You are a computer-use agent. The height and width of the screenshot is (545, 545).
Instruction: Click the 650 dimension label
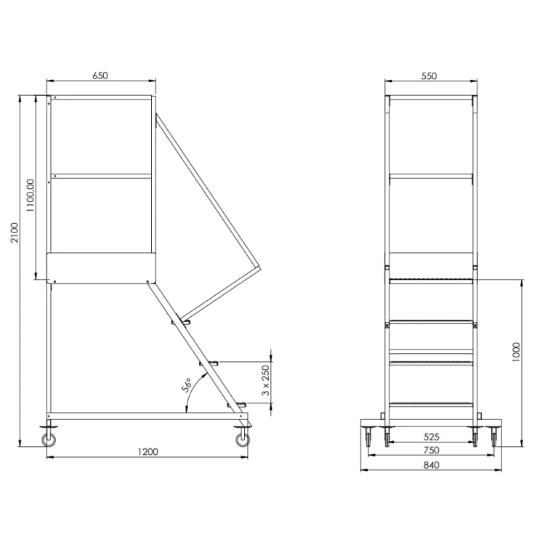pyautogui.click(x=100, y=76)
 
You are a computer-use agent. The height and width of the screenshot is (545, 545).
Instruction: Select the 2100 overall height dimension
pyautogui.click(x=15, y=233)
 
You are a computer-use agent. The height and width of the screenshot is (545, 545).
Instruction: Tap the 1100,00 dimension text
pyautogui.click(x=31, y=195)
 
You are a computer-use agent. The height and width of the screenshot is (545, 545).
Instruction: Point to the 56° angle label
pyautogui.click(x=187, y=384)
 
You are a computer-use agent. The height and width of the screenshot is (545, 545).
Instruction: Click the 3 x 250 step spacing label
pyautogui.click(x=265, y=380)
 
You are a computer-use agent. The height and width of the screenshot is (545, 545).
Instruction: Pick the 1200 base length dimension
pyautogui.click(x=148, y=451)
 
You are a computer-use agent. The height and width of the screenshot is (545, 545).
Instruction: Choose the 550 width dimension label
pyautogui.click(x=429, y=76)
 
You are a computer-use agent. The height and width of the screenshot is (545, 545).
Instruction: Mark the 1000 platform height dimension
pyautogui.click(x=516, y=352)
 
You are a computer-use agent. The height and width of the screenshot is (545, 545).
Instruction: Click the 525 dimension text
pyautogui.click(x=432, y=437)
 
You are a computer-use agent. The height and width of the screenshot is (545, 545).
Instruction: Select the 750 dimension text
pyautogui.click(x=432, y=450)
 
